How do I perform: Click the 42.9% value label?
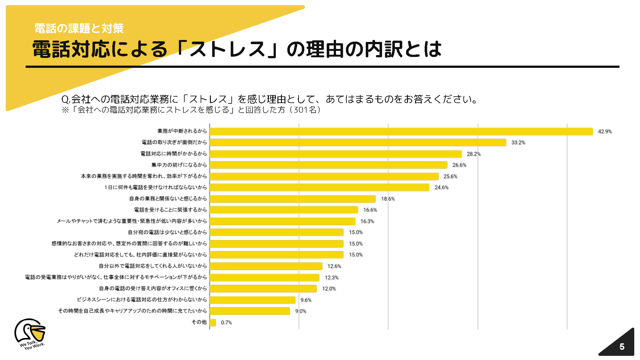click(x=605, y=132)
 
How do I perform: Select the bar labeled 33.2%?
click(x=358, y=142)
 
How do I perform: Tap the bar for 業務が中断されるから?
click(x=401, y=132)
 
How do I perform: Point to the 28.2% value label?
click(x=474, y=154)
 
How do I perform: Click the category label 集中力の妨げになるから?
click(x=179, y=165)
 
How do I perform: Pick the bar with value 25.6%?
click(x=324, y=176)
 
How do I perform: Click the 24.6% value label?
click(x=441, y=188)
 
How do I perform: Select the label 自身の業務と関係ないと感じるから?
click(x=168, y=199)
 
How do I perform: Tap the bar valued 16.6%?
click(x=284, y=210)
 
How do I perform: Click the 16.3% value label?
click(x=367, y=221)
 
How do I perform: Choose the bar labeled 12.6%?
click(x=266, y=266)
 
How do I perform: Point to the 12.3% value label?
click(x=332, y=277)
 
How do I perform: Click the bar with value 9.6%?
click(x=252, y=300)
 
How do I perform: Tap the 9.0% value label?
click(x=300, y=311)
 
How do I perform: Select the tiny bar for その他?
click(x=213, y=322)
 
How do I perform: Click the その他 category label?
click(x=199, y=322)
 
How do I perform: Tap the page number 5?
click(x=622, y=347)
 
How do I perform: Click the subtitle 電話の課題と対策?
click(x=79, y=28)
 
